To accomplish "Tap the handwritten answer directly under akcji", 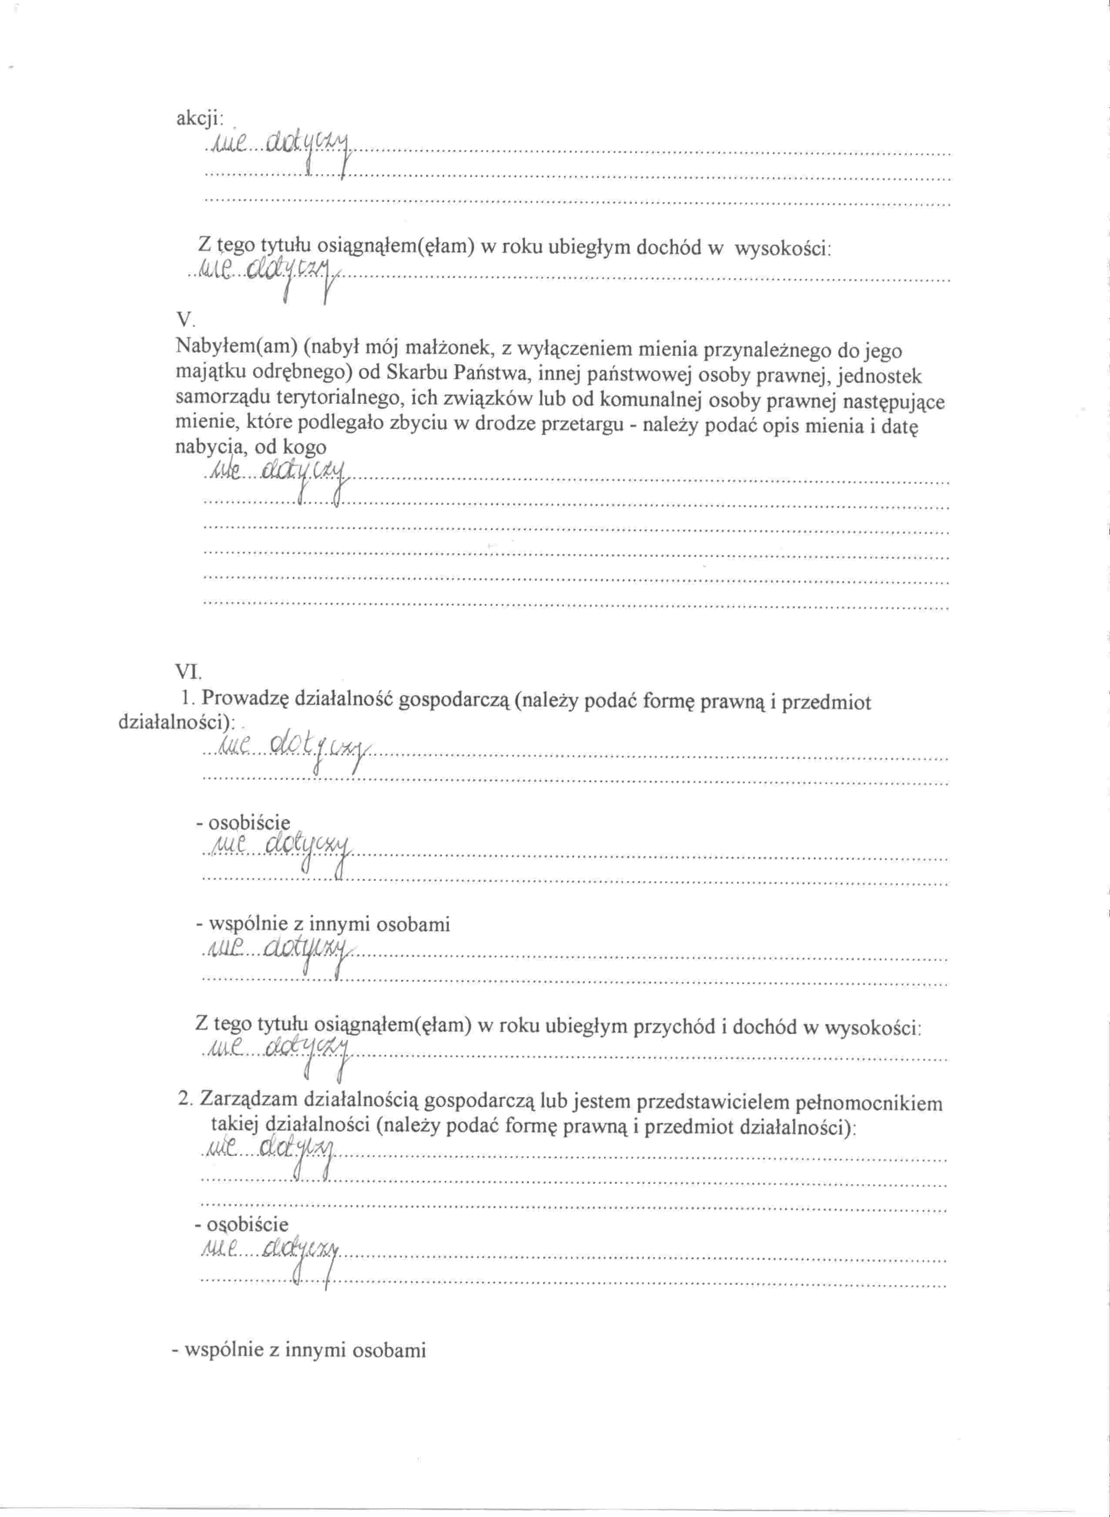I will coord(281,143).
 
